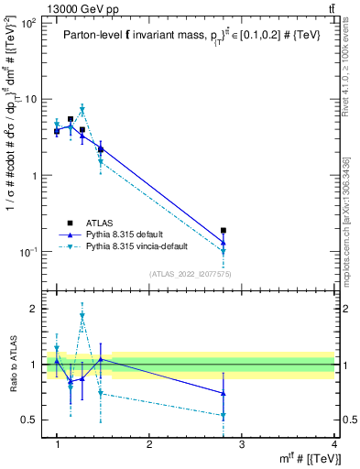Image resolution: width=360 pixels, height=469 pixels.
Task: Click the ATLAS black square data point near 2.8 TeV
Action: point(224,231)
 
